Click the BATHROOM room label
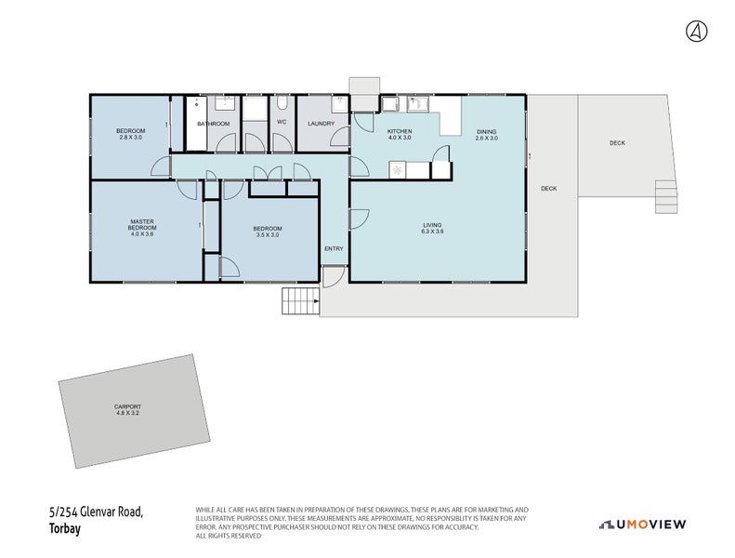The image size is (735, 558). coord(213,124)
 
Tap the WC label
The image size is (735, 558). coord(281,123)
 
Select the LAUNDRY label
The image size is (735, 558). coord(322,123)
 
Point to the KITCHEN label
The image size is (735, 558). coord(400,132)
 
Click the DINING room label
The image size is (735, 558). coord(487,132)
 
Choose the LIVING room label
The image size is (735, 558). coord(432,225)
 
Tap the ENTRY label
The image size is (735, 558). coord(334,248)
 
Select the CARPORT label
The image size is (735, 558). coord(128,406)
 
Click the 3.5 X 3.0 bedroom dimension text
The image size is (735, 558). coord(268,235)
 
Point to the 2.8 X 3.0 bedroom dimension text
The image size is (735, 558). coord(129,138)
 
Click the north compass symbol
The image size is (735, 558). coord(696,32)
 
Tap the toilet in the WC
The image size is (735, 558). coord(282,104)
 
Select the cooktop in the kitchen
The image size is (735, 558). coord(399,170)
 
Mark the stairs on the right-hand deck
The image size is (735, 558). coord(666,195)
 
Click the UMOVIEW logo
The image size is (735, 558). coord(642,525)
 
